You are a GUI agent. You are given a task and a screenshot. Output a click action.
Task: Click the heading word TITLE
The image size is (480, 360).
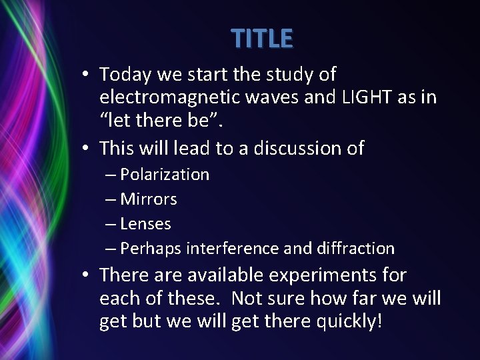tap(262, 39)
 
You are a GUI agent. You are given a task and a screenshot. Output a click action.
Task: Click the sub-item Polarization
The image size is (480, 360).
tap(165, 175)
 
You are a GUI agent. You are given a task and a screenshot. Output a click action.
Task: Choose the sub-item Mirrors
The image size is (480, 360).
tap(149, 199)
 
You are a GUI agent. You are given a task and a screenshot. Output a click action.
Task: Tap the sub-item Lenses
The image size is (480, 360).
tap(145, 224)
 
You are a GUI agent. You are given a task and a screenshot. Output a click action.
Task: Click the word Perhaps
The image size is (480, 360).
tap(151, 249)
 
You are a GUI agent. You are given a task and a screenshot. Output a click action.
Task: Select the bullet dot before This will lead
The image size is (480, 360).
tap(88, 148)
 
